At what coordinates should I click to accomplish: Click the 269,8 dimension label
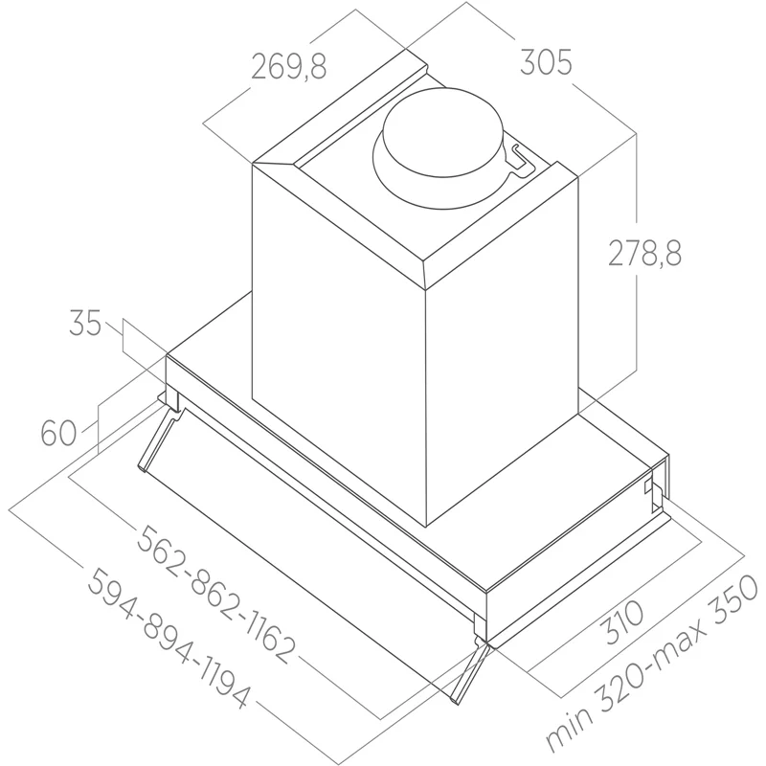coord(289,66)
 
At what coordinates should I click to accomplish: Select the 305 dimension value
coord(546,62)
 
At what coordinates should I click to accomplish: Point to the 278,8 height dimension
coord(644,254)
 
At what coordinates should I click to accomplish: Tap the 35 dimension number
coord(85,323)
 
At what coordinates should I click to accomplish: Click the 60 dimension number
coord(58,433)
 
